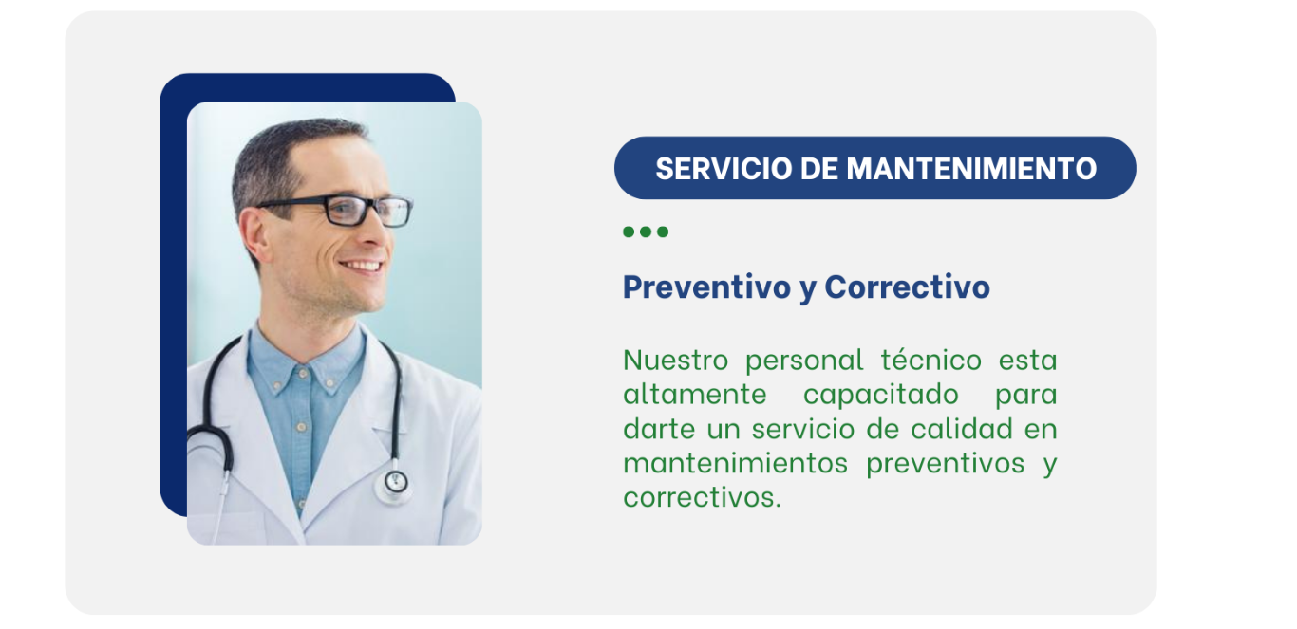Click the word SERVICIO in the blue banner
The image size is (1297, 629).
click(x=724, y=169)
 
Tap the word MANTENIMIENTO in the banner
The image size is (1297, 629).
click(x=971, y=169)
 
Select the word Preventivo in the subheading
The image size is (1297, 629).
click(x=707, y=287)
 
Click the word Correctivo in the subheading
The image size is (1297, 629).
click(x=908, y=287)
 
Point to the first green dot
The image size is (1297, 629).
click(x=629, y=232)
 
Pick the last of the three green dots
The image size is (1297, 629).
click(x=663, y=232)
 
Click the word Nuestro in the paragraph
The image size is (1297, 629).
click(x=676, y=361)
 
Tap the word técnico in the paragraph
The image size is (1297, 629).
click(x=931, y=360)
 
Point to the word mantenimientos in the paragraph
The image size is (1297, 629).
click(x=735, y=464)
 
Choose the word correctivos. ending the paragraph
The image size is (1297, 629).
click(x=703, y=498)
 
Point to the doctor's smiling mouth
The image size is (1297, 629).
click(x=362, y=267)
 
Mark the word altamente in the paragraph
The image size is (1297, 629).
click(x=695, y=396)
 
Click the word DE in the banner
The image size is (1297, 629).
click(x=819, y=169)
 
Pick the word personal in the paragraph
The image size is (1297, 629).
click(x=804, y=361)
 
